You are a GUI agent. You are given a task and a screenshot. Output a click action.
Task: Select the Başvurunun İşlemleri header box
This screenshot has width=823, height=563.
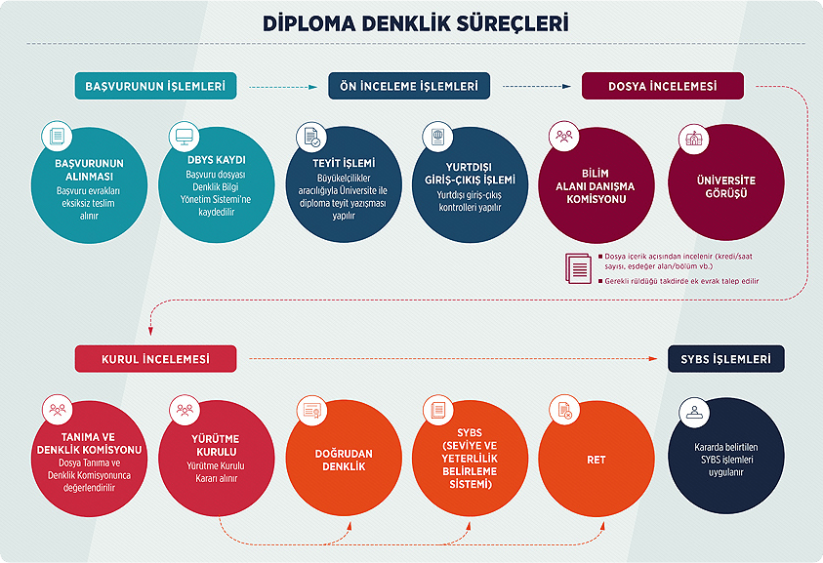coord(155,87)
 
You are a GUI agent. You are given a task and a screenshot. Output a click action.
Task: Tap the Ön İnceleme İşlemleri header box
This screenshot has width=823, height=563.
coord(409,87)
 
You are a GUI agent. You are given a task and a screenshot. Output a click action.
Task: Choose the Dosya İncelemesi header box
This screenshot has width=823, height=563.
coord(663,87)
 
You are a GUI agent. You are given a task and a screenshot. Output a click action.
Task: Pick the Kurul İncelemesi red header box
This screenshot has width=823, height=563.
coord(156,359)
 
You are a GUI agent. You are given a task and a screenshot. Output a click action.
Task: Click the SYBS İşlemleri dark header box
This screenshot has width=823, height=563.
coord(726,359)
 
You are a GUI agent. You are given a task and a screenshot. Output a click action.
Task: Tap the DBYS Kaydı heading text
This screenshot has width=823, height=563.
coord(216,159)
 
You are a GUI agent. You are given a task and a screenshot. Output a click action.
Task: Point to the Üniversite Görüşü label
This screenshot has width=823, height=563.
coord(725,187)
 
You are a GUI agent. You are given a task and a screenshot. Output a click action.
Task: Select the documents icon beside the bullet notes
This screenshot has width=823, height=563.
coord(578,267)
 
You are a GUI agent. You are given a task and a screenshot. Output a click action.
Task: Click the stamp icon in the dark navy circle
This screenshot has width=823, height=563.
coord(694,411)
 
